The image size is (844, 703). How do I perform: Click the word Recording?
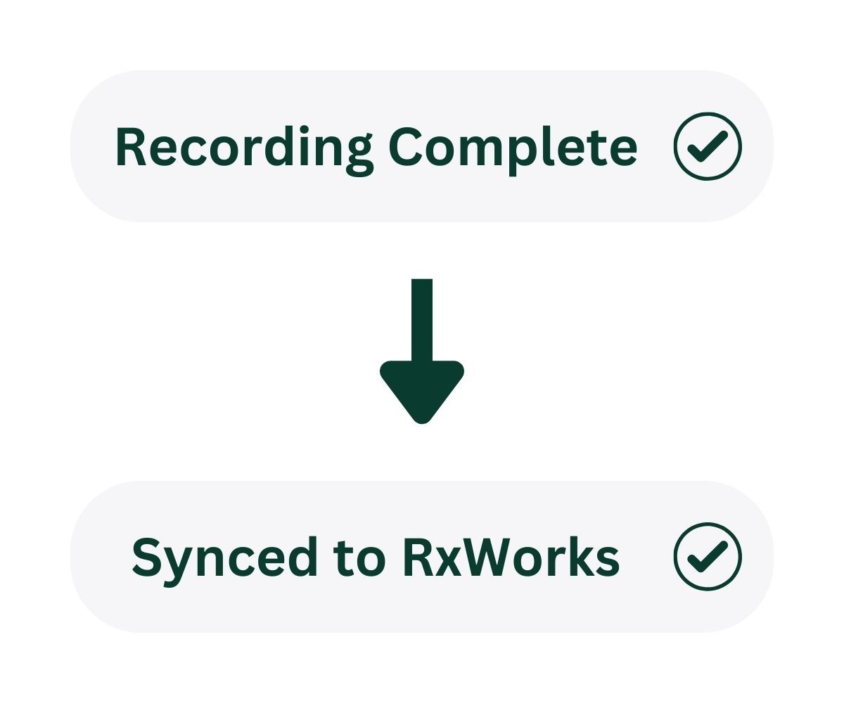click(x=243, y=148)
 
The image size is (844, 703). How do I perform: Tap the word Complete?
click(x=513, y=148)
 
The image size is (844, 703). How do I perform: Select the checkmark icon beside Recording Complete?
click(x=707, y=146)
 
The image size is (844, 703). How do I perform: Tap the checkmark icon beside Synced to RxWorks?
click(x=707, y=557)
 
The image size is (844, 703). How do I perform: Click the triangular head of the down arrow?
click(x=421, y=390)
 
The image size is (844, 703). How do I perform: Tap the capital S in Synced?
click(x=148, y=557)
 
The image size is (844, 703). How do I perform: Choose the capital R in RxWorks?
click(x=418, y=557)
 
